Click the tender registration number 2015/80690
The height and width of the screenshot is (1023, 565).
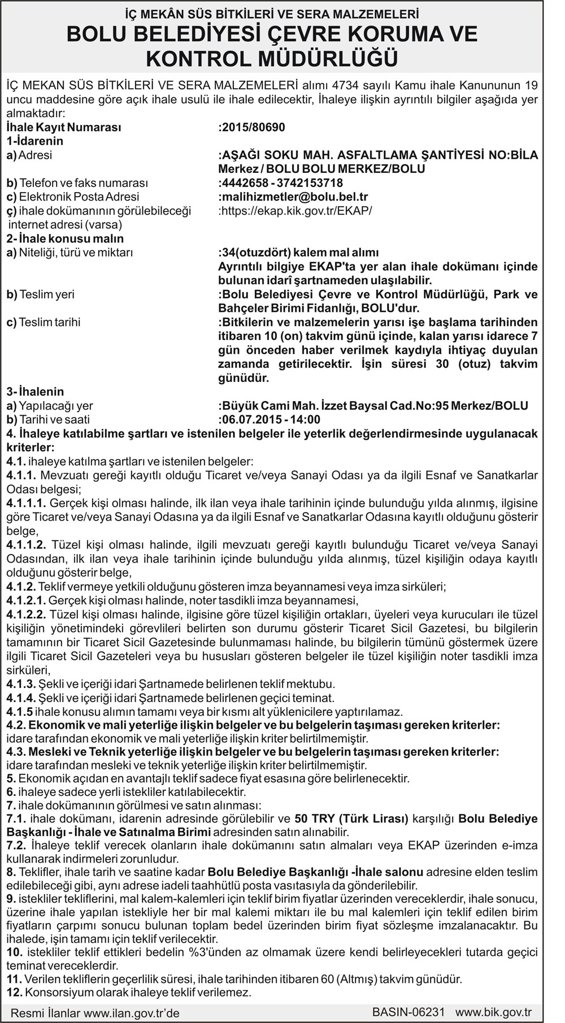click(x=253, y=128)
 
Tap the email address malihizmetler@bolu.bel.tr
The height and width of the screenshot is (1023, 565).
click(x=294, y=197)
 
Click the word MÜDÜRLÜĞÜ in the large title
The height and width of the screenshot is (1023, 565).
click(x=328, y=58)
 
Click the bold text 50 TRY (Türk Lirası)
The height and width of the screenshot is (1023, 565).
click(x=351, y=818)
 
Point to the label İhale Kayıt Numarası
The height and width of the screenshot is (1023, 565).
click(x=63, y=128)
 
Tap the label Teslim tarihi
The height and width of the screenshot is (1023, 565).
click(x=49, y=322)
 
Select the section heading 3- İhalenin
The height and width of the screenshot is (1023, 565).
click(x=35, y=391)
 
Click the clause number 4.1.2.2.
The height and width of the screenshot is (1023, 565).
click(x=27, y=614)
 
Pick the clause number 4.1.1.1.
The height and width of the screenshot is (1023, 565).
click(x=27, y=503)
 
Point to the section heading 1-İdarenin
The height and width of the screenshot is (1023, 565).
click(x=34, y=141)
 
